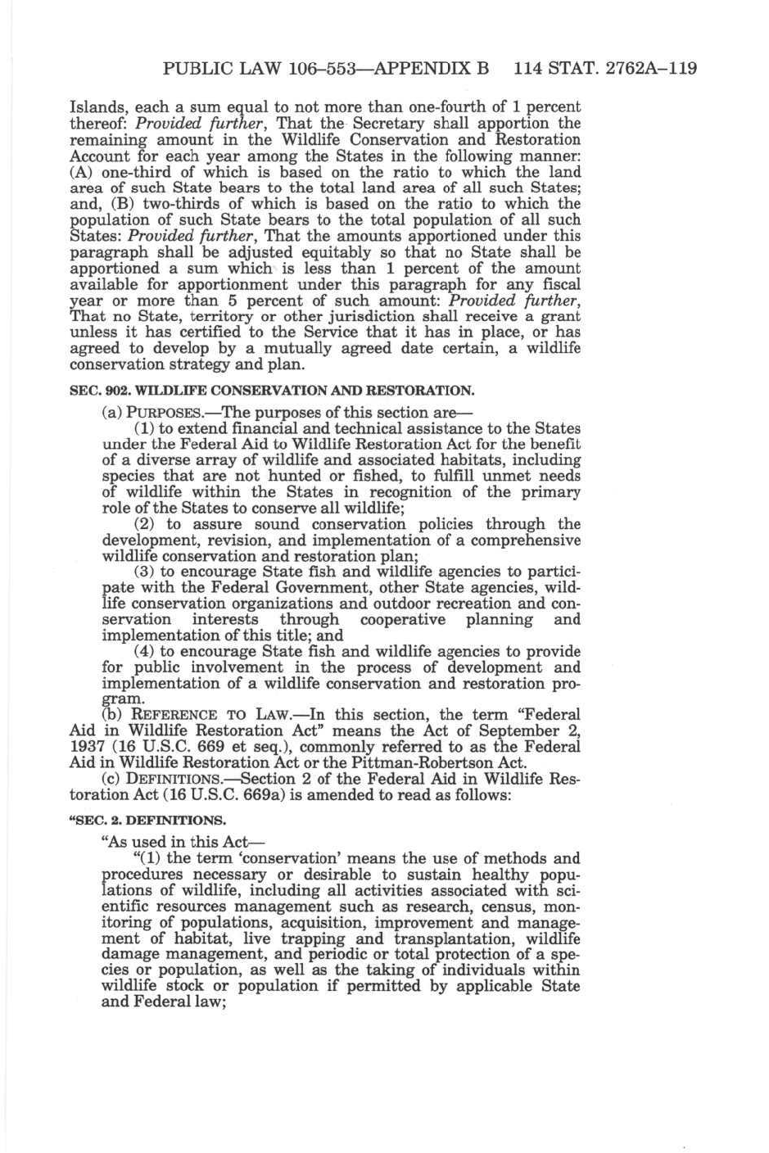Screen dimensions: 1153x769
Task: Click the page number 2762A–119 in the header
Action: [x=652, y=68]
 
